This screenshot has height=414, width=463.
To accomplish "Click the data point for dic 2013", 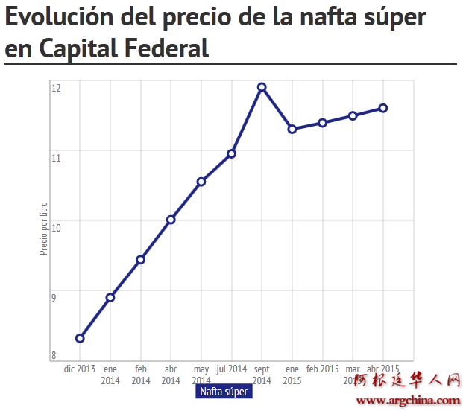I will [x=80, y=338].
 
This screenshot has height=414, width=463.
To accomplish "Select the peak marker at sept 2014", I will [x=262, y=87].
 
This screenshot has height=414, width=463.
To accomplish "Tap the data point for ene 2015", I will [x=292, y=129].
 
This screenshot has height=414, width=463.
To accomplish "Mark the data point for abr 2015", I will [x=383, y=108].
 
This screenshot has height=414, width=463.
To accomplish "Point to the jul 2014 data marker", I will [x=232, y=153].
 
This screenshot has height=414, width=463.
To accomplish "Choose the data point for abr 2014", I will [x=171, y=220].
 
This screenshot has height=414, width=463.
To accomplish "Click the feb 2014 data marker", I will [x=140, y=259].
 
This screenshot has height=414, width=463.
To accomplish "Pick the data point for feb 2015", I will [x=322, y=123].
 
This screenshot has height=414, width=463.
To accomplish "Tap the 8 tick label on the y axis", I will [x=54, y=355].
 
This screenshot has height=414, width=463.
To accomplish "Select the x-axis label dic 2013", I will [x=80, y=369].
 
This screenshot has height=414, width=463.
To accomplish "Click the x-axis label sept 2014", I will [x=262, y=375].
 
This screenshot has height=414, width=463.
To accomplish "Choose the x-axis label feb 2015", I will [x=322, y=369].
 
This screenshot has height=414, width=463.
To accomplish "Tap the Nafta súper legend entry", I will [x=224, y=392].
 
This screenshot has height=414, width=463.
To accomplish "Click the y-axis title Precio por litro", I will [x=44, y=229].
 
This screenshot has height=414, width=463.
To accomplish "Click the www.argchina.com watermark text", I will [x=408, y=401].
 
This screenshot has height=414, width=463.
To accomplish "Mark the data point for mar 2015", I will [x=353, y=116].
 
